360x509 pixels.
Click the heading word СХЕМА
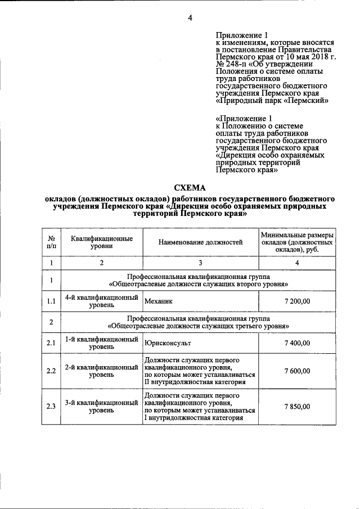[190, 188]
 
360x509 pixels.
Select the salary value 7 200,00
[297, 301]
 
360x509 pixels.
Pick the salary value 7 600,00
[297, 371]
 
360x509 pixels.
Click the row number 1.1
[51, 301]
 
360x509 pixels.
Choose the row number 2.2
[51, 371]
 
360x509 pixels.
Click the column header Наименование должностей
[200, 242]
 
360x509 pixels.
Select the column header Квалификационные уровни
[102, 242]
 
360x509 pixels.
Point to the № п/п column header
[51, 242]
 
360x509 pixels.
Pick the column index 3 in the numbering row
[200, 263]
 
